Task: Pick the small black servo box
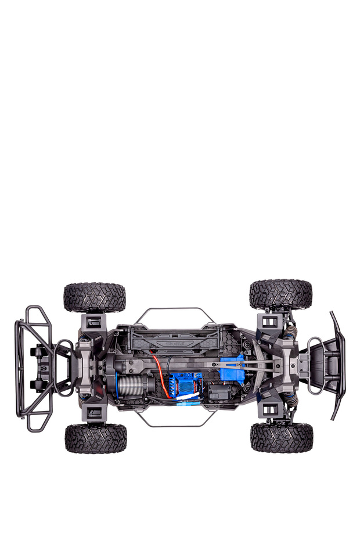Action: [x=220, y=392]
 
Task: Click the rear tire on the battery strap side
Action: [x=95, y=297]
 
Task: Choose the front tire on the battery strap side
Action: [x=280, y=295]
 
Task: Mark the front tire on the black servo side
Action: [x=282, y=437]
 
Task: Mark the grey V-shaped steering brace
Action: [x=261, y=366]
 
